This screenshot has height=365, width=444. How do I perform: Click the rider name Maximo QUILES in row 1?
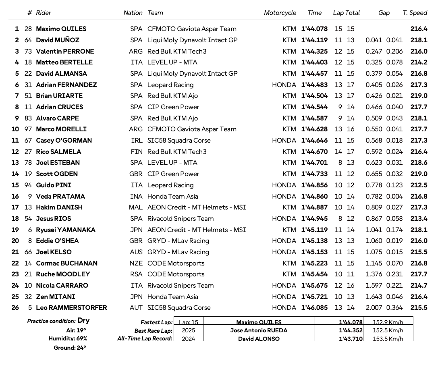point(61,29)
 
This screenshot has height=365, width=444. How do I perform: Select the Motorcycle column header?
point(280,13)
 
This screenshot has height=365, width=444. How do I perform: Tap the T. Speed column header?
point(415,13)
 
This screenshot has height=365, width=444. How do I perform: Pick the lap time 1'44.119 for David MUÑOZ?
point(314,40)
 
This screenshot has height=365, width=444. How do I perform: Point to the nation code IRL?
point(137,141)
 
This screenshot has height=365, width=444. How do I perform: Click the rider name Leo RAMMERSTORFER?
point(71,308)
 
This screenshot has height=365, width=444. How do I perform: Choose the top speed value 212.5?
point(419,185)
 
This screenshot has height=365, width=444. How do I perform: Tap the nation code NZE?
point(136,263)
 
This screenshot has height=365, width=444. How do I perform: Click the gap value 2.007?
point(374,308)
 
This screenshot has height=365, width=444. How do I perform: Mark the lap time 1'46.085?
point(314,308)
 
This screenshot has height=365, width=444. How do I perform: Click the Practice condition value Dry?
point(83,321)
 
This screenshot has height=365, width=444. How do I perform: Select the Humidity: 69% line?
point(68,339)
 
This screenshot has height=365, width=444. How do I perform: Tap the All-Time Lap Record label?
point(145,339)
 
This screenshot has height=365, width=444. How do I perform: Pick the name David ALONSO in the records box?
point(259,339)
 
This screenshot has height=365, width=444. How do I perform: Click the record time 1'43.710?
point(351,339)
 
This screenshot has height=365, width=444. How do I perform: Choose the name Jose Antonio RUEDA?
point(259,331)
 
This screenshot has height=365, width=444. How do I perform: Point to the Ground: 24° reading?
point(70,348)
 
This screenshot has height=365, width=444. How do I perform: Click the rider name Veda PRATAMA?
point(60,197)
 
